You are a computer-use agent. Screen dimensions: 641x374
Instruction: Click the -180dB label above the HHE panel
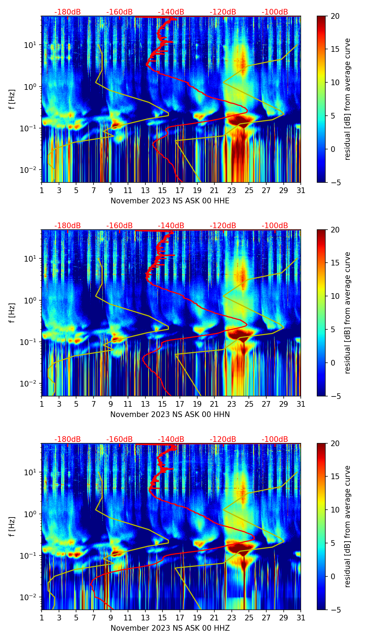68,12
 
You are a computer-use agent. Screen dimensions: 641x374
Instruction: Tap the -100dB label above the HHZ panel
275,439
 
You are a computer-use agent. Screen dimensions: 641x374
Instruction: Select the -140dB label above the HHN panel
171,226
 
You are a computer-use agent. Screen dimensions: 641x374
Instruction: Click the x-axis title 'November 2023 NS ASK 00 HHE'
170,201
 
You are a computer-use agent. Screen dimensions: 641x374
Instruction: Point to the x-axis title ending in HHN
170,415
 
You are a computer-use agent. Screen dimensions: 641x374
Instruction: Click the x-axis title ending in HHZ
170,628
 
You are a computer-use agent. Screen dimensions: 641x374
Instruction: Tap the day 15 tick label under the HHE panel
162,190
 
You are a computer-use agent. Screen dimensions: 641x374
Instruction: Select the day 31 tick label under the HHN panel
300,404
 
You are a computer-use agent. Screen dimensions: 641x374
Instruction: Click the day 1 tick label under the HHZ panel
42,618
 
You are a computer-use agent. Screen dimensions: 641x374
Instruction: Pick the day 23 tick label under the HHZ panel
231,618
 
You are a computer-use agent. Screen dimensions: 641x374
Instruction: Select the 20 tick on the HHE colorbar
335,16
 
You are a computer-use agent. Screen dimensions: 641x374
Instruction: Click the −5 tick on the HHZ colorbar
335,610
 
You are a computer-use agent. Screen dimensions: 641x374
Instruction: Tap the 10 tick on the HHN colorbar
335,296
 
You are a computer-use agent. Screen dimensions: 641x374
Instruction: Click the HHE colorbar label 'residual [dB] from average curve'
348,99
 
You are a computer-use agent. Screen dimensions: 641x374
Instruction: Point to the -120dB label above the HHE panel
223,12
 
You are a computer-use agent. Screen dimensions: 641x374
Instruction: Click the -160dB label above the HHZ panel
119,439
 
